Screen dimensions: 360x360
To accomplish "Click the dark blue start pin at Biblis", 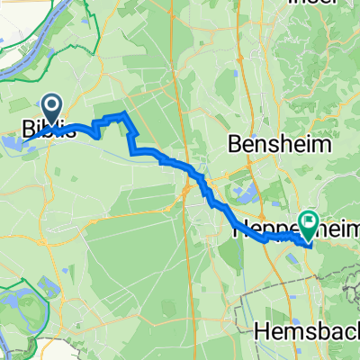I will (50, 110).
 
